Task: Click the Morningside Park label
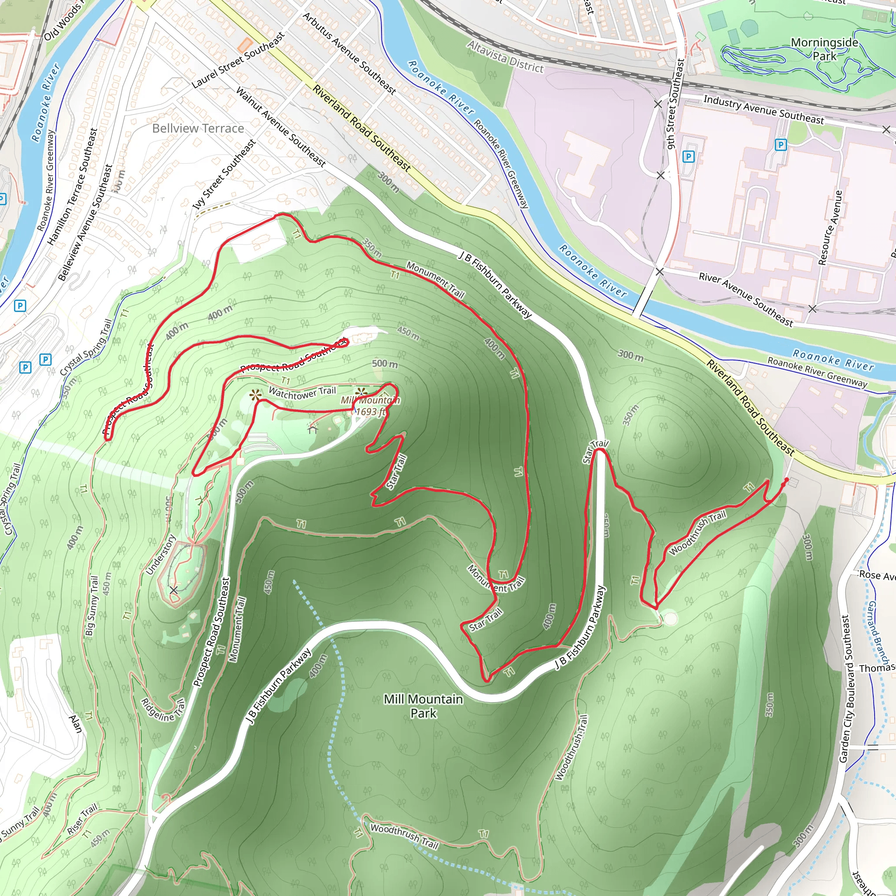(x=824, y=49)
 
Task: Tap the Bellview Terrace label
(x=198, y=129)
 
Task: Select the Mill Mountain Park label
(x=423, y=705)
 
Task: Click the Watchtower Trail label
(x=302, y=393)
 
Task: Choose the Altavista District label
(x=505, y=56)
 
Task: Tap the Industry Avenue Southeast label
(x=763, y=110)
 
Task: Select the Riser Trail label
(x=82, y=819)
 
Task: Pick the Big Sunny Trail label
(x=92, y=605)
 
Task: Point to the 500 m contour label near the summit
(x=385, y=364)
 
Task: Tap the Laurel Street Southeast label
(x=238, y=60)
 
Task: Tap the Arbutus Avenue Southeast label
(x=349, y=53)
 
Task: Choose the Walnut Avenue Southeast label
(x=280, y=126)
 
